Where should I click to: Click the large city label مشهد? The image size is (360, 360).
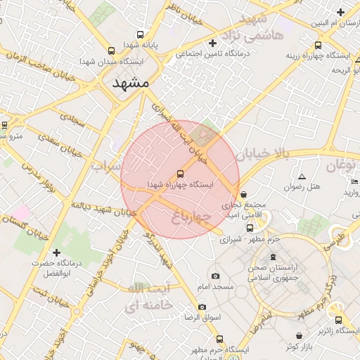pos(131,83)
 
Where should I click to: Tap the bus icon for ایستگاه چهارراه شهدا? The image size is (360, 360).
pos(181,172)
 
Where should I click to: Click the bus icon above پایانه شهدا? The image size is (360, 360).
pos(141,34)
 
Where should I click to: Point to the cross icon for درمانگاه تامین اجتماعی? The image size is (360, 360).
pos(212,43)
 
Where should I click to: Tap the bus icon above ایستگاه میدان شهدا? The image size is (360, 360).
pos(112,51)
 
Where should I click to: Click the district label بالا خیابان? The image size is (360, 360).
pos(262,152)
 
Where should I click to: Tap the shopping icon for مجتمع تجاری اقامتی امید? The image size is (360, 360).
pos(244,195)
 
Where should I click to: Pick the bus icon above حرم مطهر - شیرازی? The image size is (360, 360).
pos(250,228)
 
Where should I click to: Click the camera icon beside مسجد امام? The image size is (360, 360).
pos(215,276)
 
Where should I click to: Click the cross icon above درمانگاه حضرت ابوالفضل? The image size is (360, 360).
pos(57,252)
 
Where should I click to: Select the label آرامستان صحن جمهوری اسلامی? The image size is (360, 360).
pos(283,273)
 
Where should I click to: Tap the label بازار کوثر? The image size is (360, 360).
pos(303,347)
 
